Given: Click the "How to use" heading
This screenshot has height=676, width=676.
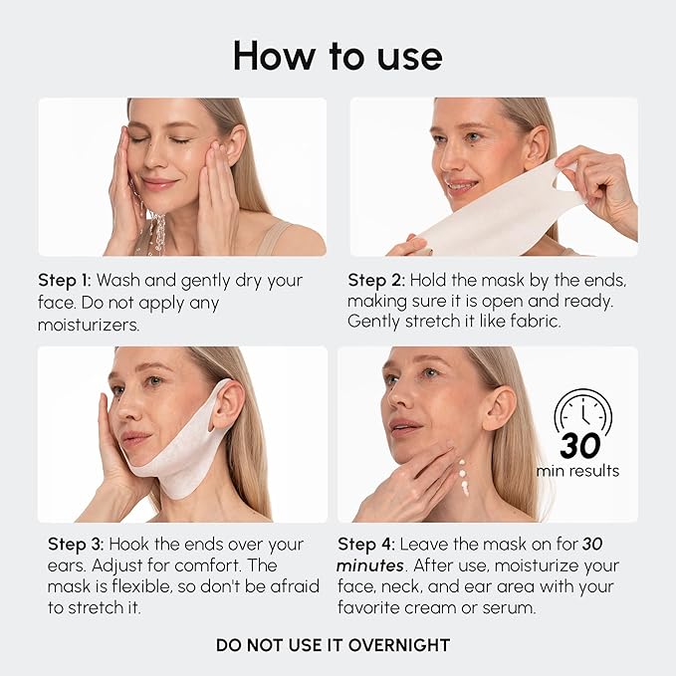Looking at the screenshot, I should click(x=338, y=57).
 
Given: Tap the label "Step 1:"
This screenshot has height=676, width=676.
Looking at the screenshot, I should click(x=65, y=280).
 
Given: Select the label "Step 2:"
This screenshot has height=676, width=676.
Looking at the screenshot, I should click(x=374, y=280).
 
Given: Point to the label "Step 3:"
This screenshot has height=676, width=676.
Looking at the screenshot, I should click(x=76, y=545).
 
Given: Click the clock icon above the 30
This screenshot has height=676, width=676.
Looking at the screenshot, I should click(x=584, y=412).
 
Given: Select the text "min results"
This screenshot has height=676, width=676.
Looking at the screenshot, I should click(x=577, y=470).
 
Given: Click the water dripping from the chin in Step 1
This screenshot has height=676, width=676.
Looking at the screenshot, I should click(x=156, y=234).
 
